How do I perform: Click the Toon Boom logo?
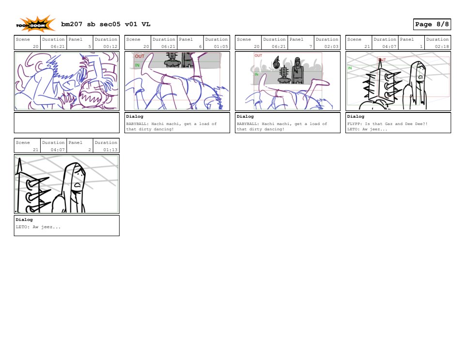click(x=35, y=24)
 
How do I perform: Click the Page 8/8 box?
click(x=432, y=24)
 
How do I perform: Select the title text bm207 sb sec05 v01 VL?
click(x=106, y=24)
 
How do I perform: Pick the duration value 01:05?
click(x=221, y=47)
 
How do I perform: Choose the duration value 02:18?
click(x=442, y=47)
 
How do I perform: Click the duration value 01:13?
click(x=110, y=150)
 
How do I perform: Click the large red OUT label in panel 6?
click(x=139, y=56)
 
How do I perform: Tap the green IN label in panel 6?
click(x=137, y=65)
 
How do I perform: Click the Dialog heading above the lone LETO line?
click(x=24, y=220)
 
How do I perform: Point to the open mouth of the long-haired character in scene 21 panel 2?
click(x=77, y=185)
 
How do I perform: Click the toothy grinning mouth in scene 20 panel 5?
click(x=89, y=96)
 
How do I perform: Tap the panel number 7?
click(x=310, y=47)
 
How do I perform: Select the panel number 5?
click(x=90, y=47)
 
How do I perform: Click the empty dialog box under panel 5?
click(x=67, y=123)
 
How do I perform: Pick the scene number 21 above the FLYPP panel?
click(x=367, y=47)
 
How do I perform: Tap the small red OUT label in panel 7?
click(x=258, y=55)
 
